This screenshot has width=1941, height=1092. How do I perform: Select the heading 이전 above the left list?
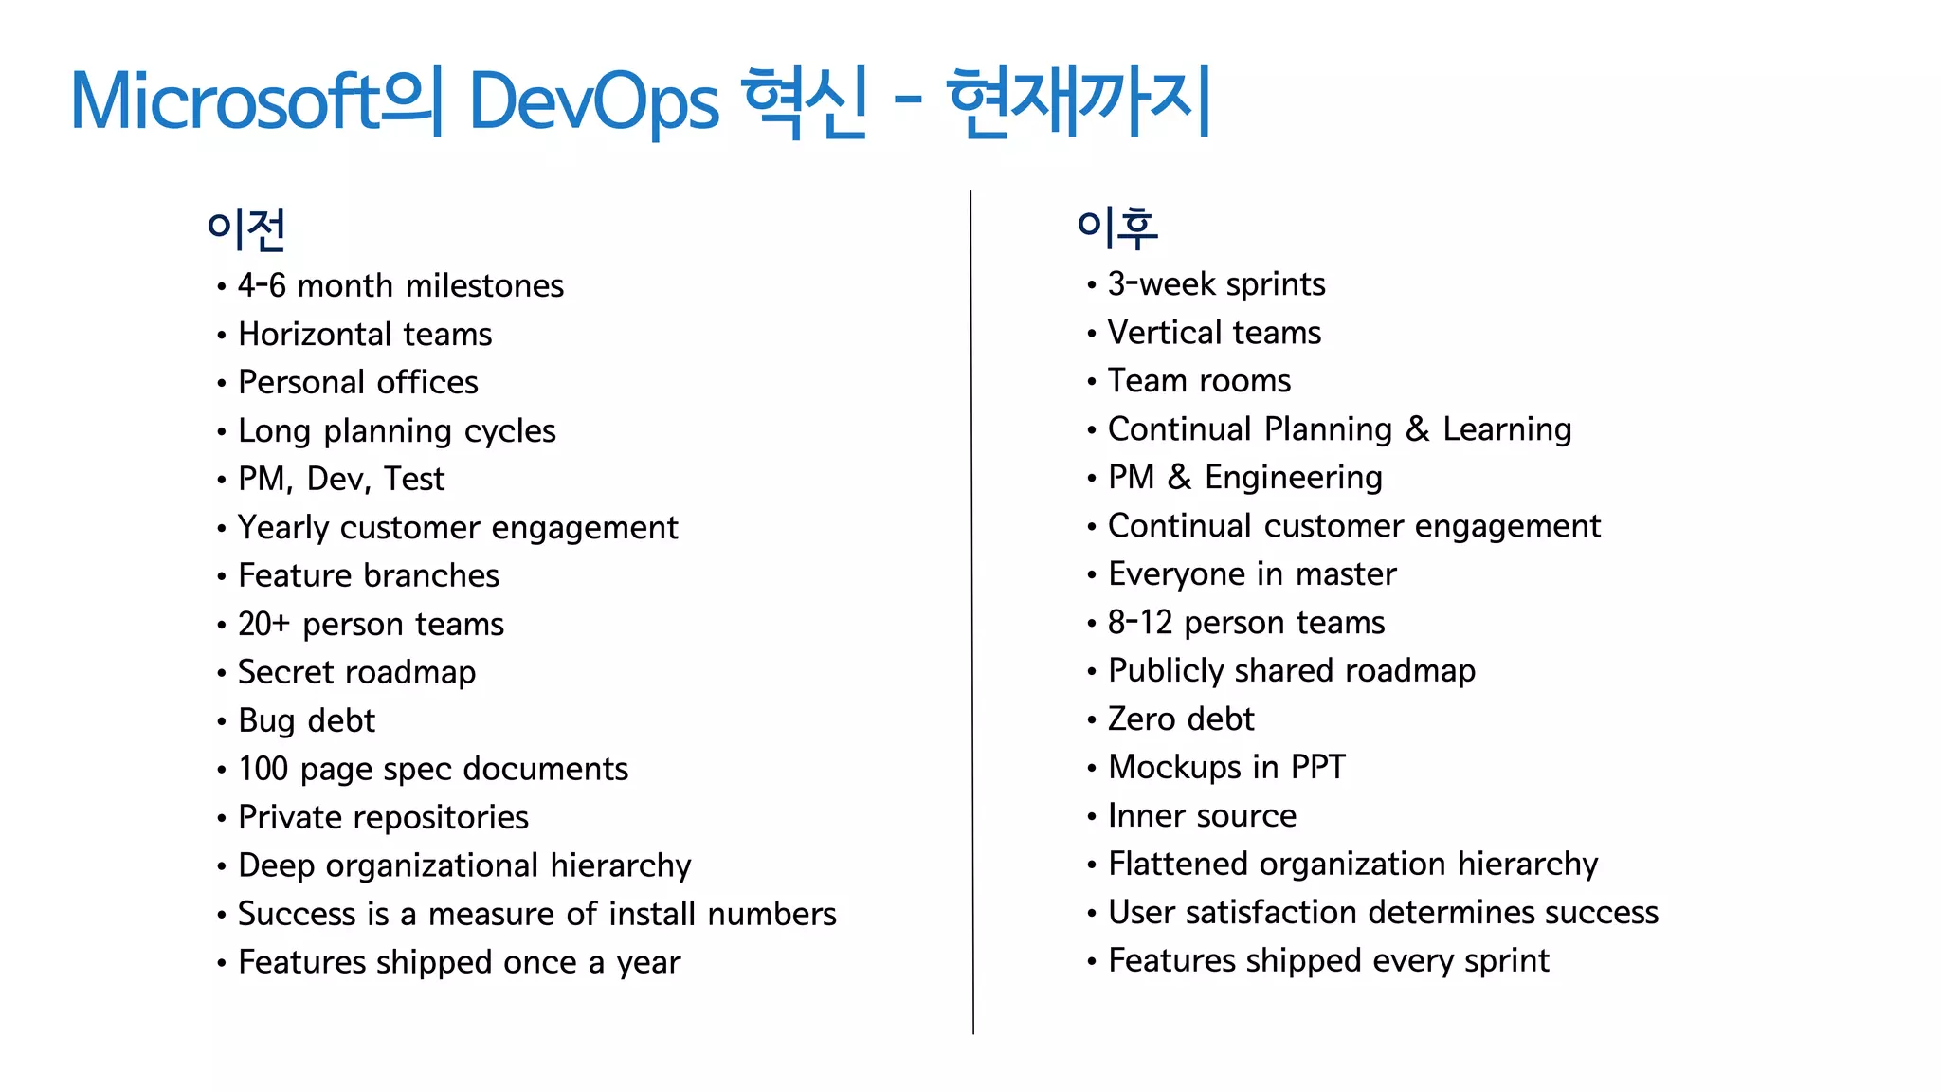(x=246, y=228)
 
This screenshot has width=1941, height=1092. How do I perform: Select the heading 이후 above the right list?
(x=1116, y=227)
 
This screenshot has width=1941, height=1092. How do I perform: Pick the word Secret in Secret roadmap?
(x=280, y=672)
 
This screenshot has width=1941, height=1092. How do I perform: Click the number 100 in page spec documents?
(x=263, y=769)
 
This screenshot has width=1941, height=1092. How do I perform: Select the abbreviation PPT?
(x=1318, y=767)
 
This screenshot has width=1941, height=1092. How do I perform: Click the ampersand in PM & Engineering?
(x=1179, y=477)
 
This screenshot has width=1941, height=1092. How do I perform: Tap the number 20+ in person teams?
(x=263, y=624)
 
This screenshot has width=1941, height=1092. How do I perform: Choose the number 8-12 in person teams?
(x=1140, y=622)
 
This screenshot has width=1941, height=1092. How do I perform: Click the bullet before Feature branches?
(x=221, y=576)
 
